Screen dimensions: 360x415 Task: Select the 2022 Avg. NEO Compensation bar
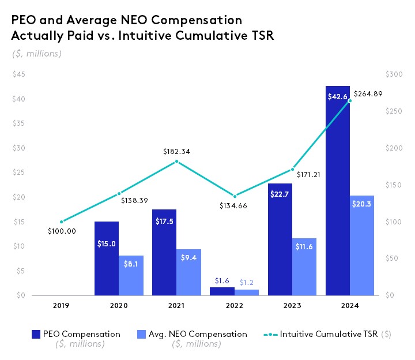point(247,292)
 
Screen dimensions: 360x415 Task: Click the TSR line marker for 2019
point(61,222)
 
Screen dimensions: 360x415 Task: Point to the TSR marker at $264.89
point(349,100)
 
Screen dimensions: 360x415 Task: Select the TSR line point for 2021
point(176,162)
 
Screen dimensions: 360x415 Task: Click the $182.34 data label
point(176,152)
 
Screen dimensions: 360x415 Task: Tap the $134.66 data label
point(234,205)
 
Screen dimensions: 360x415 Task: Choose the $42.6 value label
point(337,97)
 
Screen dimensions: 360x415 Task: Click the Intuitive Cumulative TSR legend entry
point(329,334)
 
